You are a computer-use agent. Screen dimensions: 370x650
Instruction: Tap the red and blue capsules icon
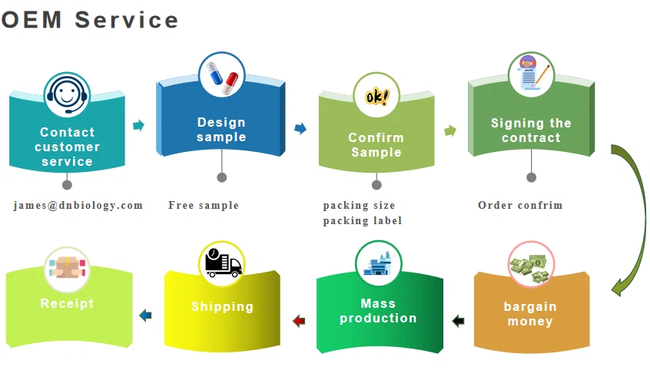tap(221, 75)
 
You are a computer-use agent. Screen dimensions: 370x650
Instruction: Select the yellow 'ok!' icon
tap(376, 97)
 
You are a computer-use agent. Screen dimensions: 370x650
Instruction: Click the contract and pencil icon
tap(532, 74)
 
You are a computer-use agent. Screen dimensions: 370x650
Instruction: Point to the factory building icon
tap(378, 264)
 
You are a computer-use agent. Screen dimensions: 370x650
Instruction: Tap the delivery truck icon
tap(223, 264)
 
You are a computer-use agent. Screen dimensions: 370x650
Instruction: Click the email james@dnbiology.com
tap(78, 205)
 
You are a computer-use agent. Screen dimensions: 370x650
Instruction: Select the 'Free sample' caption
tap(204, 205)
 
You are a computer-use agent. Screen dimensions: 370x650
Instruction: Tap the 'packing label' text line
tap(363, 220)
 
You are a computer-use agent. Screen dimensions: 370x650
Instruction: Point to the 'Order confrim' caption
tap(520, 205)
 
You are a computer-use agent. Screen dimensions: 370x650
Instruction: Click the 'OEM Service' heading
tap(89, 19)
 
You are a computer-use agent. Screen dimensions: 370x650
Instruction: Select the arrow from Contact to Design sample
tap(139, 125)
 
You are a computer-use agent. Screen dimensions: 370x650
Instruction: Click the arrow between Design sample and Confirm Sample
tap(300, 128)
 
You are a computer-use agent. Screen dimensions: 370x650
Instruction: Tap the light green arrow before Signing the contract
tap(450, 130)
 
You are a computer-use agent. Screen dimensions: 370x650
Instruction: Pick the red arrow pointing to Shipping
tap(299, 321)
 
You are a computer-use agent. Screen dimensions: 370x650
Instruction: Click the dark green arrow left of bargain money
tap(459, 321)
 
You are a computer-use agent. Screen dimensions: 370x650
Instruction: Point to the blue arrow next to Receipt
tap(145, 315)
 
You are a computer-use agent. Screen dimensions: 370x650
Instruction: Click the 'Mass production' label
tap(378, 311)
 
